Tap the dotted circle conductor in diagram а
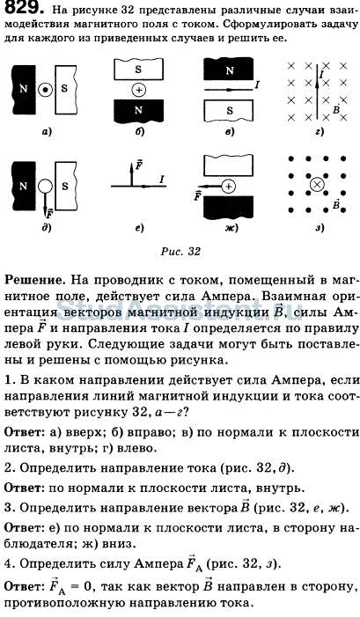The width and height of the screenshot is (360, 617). pos(45,90)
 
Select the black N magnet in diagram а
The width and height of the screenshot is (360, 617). pos(24,89)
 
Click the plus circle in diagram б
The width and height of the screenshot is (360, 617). pos(138,90)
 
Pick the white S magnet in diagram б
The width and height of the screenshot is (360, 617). pos(138,70)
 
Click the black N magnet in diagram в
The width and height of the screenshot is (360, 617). pos(229,70)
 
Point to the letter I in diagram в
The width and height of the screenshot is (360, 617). pos(257,84)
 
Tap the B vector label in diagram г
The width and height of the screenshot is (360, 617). pos(336,109)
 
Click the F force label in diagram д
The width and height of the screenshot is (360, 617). pos(49,215)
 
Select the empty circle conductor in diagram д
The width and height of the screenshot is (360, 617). pos(45,186)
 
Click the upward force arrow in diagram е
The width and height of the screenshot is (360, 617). pos(131,174)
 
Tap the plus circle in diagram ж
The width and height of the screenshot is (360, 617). pos(229,186)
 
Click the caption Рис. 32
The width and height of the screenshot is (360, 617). pos(180,252)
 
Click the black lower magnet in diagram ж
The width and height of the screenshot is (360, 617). pos(229,207)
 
